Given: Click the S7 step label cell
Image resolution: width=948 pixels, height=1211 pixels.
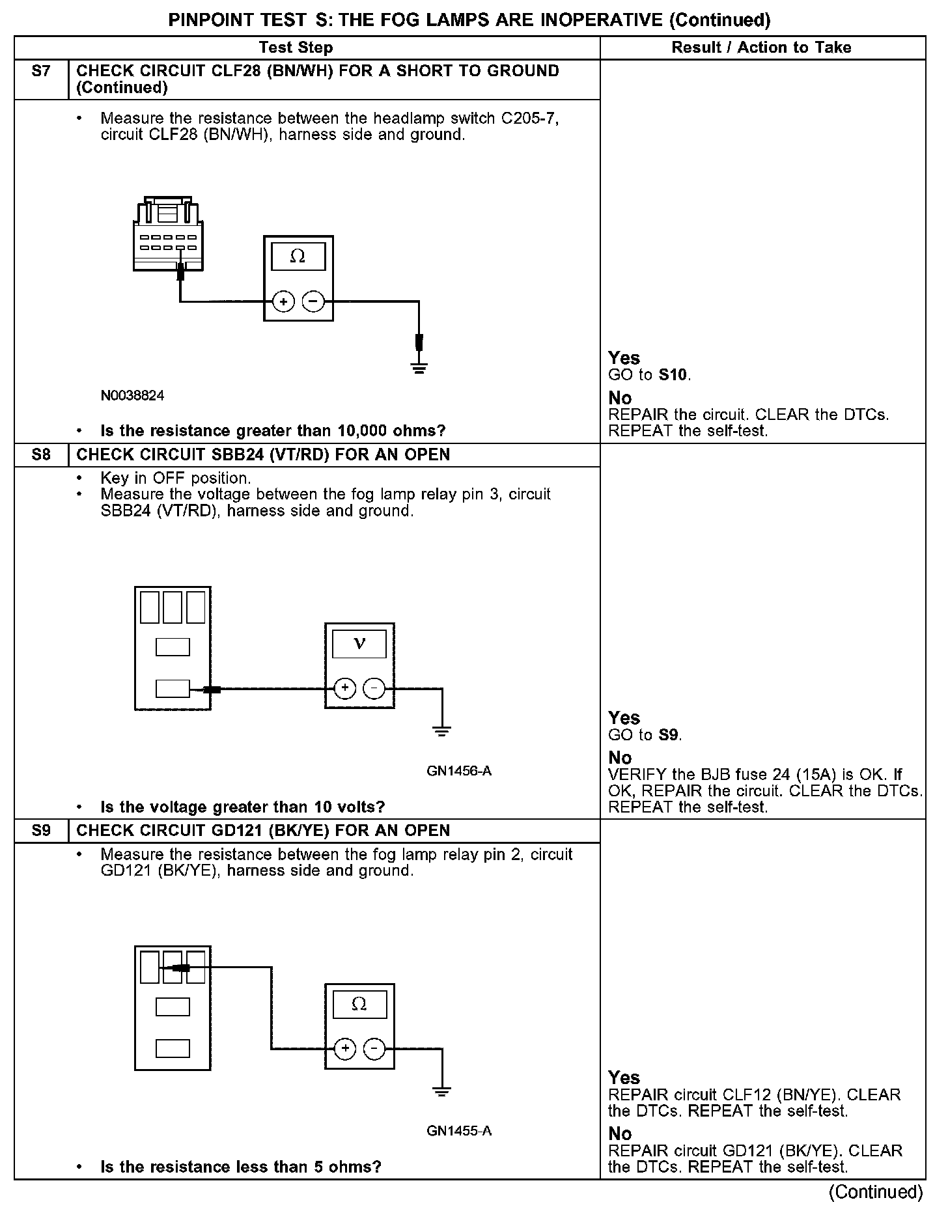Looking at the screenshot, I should tap(40, 72).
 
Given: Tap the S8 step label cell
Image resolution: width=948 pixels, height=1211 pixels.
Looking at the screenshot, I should tap(40, 454).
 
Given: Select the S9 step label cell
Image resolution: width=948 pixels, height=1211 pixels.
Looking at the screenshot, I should tap(40, 831).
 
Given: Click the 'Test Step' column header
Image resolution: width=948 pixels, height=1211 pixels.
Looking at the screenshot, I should tap(296, 48).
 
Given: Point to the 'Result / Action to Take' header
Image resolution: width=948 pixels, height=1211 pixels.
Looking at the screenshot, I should tap(761, 48).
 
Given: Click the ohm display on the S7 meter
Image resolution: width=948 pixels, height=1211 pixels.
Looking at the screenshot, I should tap(298, 257).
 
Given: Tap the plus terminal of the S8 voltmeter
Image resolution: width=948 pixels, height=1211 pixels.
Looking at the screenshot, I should tap(345, 688).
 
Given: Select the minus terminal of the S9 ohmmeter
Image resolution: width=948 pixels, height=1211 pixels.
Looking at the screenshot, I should tap(374, 1049).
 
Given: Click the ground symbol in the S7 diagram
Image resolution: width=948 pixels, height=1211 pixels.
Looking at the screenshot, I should tap(419, 369).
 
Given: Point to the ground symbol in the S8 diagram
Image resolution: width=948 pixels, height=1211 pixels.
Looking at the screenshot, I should tap(441, 732).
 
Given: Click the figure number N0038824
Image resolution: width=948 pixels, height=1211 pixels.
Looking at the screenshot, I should tap(133, 395).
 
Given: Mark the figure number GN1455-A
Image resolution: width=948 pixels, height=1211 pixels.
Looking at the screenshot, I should tap(459, 1131).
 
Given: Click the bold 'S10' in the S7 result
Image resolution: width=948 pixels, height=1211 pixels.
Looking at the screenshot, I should tap(673, 375).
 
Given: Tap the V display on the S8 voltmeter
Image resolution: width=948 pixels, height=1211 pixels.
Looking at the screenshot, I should tap(359, 645).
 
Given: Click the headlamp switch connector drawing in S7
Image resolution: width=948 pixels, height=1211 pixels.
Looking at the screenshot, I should tap(167, 234).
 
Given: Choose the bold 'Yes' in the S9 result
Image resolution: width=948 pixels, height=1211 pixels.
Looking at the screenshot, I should tap(624, 1078).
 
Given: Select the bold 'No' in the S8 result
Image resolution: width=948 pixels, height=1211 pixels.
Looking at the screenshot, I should tap(620, 758).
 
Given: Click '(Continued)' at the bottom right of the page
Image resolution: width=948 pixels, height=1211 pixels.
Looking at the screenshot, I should tap(875, 1192).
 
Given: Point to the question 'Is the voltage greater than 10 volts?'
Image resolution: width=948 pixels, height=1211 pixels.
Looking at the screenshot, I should tap(242, 807).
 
